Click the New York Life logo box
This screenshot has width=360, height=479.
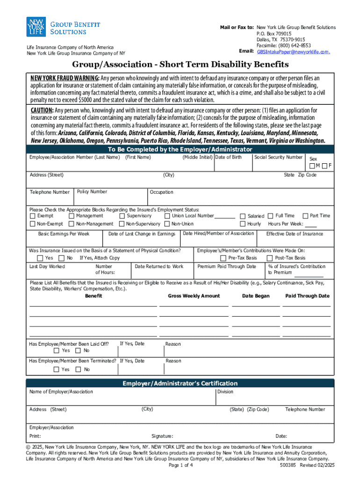(36, 27)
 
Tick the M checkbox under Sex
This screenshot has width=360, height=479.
(312, 166)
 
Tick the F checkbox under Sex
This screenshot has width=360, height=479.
(324, 166)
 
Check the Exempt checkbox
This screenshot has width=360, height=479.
(32, 216)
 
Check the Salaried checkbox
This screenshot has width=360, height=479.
(243, 216)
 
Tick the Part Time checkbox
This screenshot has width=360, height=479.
(305, 216)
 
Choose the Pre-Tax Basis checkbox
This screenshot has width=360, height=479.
(223, 258)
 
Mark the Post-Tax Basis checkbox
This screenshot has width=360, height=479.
(270, 258)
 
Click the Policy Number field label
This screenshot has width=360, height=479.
(92, 192)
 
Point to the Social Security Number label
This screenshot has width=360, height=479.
(278, 157)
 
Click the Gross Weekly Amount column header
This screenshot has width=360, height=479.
(194, 296)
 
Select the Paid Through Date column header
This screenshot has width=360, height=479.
(307, 296)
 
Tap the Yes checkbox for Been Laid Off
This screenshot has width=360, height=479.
(56, 350)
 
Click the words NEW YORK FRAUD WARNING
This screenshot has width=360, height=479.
(65, 78)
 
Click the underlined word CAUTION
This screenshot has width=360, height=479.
(42, 110)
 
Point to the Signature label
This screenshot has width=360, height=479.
(162, 436)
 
